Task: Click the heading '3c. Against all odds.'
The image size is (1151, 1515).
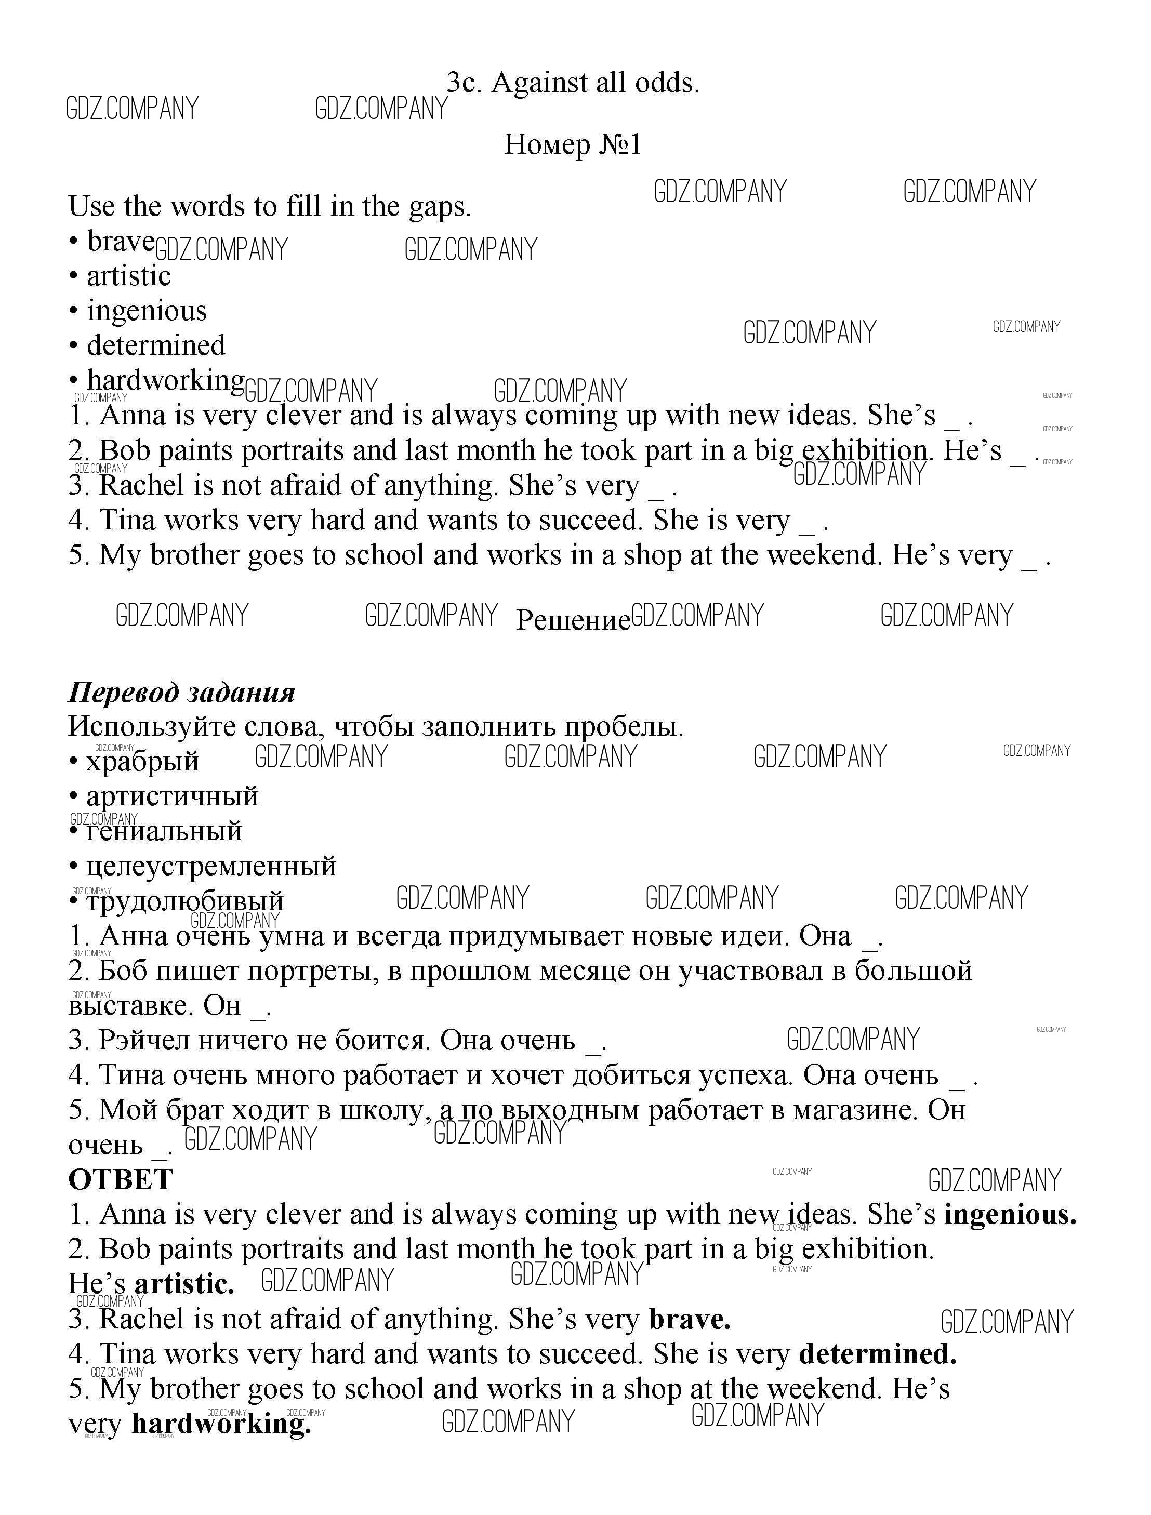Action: (573, 83)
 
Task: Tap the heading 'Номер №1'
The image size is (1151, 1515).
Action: (573, 144)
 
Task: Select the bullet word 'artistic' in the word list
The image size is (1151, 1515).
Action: (129, 276)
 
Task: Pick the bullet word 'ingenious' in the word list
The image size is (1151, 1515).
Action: (147, 311)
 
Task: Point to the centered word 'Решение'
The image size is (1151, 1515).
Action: (573, 620)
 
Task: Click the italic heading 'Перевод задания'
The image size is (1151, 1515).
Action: (181, 693)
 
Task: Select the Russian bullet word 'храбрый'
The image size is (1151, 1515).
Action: (142, 762)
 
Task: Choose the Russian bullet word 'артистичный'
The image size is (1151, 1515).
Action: (172, 796)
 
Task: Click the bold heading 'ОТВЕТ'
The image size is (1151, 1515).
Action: (121, 1179)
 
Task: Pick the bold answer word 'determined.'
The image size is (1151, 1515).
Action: (878, 1354)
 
